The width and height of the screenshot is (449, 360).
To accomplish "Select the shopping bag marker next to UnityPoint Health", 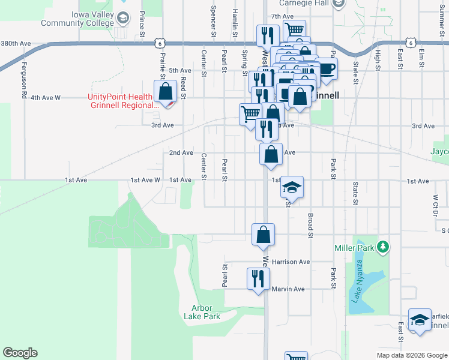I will (165, 92).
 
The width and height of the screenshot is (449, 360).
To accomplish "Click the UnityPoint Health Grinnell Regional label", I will (120, 101).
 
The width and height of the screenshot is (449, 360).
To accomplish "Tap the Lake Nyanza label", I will (359, 280).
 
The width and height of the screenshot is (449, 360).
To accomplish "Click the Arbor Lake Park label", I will (206, 312).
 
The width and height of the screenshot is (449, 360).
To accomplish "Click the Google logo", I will (20, 353).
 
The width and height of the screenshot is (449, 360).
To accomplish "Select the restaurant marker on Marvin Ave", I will (259, 278).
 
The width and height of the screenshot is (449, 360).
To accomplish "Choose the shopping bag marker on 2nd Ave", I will (271, 154).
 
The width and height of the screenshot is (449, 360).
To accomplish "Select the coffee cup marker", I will (326, 68).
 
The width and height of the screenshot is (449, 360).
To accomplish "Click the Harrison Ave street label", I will (291, 262).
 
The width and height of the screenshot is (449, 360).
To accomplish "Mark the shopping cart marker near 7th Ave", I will (294, 30).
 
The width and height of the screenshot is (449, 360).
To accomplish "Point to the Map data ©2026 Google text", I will (411, 355).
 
